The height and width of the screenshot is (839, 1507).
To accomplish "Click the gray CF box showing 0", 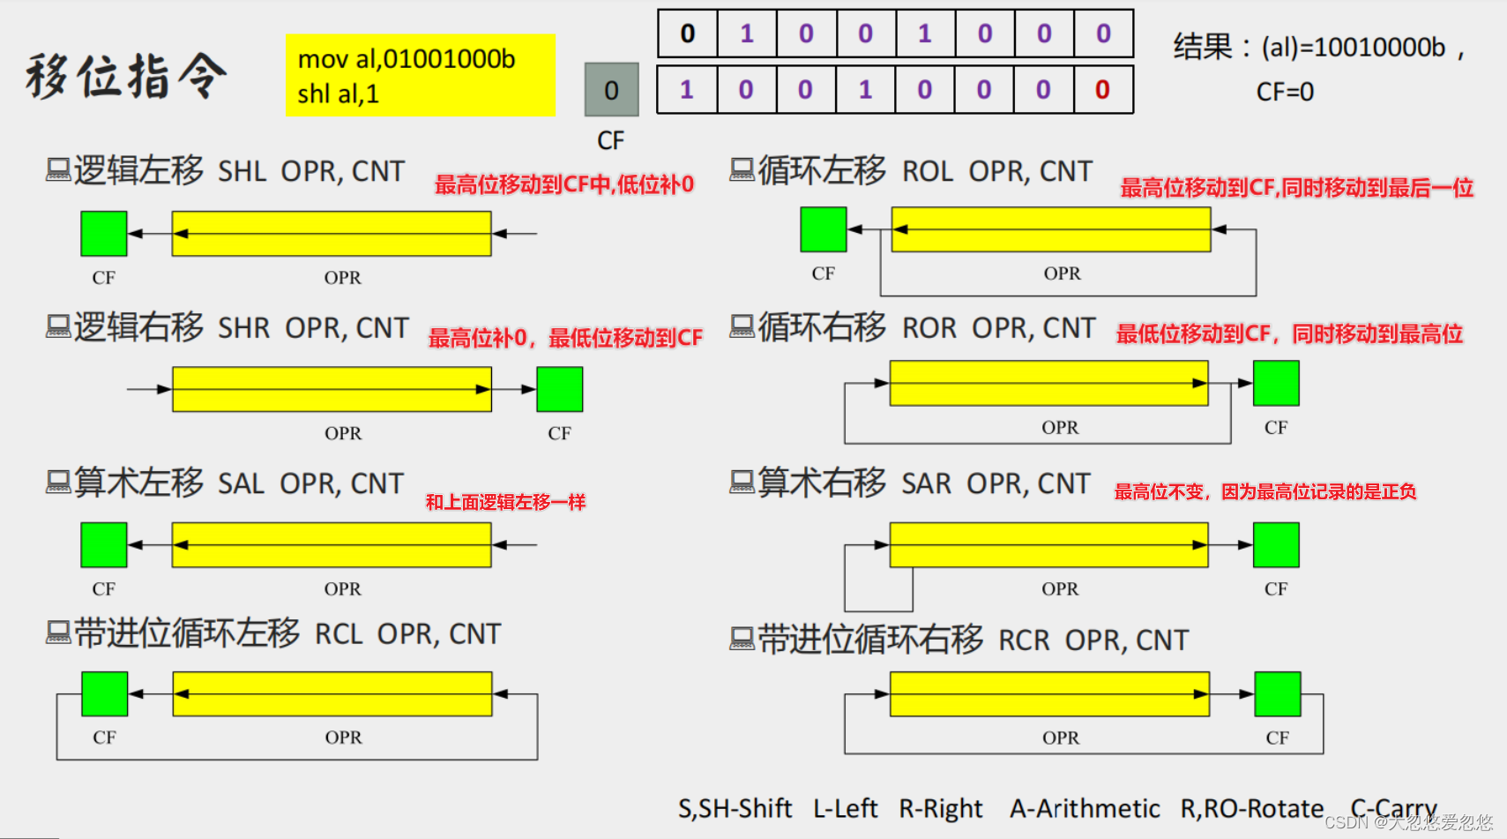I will coord(611,90).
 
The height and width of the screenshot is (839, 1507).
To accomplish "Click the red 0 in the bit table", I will coord(1102,90).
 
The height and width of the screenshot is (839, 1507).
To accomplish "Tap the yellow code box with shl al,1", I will coord(420,75).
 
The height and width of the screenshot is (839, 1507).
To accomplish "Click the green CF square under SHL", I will coord(104,234).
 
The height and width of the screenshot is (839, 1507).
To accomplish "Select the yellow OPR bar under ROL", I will coord(1051,229).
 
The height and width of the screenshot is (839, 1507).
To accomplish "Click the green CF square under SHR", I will coord(560,389).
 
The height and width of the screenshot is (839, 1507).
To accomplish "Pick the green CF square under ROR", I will coord(1276,383).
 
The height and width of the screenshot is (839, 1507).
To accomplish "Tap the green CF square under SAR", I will coord(1276,544).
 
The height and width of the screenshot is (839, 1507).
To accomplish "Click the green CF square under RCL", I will coord(105,694).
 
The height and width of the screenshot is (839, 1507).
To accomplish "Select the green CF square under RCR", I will coord(1278,694).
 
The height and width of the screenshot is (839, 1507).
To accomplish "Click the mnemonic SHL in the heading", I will coord(242,171).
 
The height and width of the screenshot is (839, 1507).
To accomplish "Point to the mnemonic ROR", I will coord(929,328).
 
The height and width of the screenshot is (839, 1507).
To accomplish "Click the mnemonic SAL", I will coord(241,484).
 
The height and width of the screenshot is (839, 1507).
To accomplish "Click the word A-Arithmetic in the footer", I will coord(1085,808).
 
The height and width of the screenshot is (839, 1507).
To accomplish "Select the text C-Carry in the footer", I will coord(1393,808).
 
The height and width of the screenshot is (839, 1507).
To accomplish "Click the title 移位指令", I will coord(127,76).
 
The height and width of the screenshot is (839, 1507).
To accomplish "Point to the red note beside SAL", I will coord(505,502).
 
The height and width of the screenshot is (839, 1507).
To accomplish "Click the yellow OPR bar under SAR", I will coord(1049,544).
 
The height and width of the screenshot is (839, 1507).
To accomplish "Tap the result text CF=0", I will coord(1285,92).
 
